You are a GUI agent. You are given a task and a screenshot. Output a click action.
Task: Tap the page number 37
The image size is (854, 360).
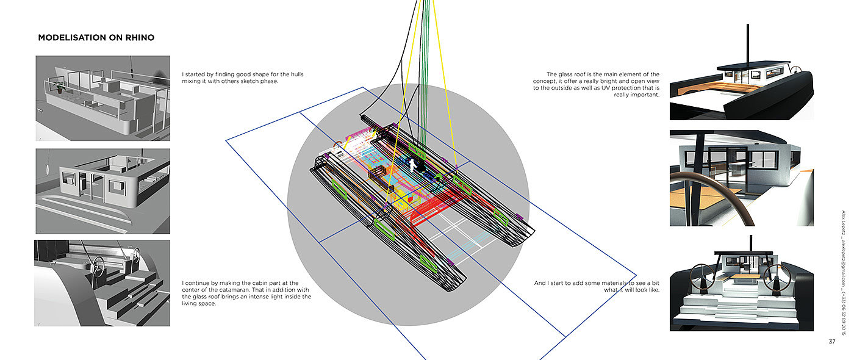tap(832, 341)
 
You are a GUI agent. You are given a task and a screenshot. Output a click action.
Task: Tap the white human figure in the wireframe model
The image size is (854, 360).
tap(412, 166)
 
